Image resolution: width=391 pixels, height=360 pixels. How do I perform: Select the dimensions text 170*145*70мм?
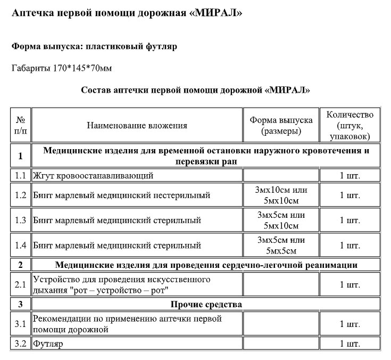pyautogui.click(x=82, y=68)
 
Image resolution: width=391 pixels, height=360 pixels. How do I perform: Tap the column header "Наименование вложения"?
pyautogui.click(x=137, y=126)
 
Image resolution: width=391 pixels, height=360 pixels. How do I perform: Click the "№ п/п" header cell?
pyautogui.click(x=21, y=126)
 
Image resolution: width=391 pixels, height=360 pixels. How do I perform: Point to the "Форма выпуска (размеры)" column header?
pyautogui.click(x=281, y=126)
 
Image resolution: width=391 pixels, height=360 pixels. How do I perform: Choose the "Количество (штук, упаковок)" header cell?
pyautogui.click(x=350, y=126)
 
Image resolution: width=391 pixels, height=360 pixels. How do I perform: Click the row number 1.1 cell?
pyautogui.click(x=21, y=175)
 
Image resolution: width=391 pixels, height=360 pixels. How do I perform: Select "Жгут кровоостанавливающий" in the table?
pyautogui.click(x=93, y=175)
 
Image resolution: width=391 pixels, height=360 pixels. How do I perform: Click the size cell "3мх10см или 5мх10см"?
pyautogui.click(x=281, y=195)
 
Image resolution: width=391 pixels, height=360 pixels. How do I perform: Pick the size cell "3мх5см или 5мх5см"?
pyautogui.click(x=281, y=246)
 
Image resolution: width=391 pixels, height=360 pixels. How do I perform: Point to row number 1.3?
pyautogui.click(x=21, y=220)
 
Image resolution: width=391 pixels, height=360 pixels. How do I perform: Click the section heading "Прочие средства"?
pyautogui.click(x=206, y=305)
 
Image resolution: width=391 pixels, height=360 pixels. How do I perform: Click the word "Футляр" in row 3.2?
pyautogui.click(x=48, y=343)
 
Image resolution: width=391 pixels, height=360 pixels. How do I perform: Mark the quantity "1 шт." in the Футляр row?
pyautogui.click(x=350, y=343)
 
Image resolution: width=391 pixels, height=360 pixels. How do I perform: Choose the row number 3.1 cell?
pyautogui.click(x=21, y=324)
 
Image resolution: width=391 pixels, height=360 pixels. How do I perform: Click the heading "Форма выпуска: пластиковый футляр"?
pyautogui.click(x=95, y=46)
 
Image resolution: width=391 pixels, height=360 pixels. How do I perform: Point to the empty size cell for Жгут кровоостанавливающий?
pyautogui.click(x=281, y=175)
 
